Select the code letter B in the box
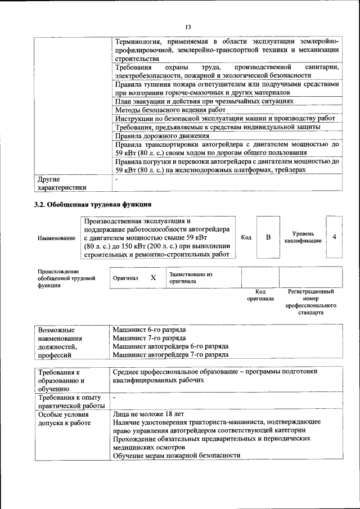tap(268, 237)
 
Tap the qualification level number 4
tap(334, 237)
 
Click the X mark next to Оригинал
tap(153, 278)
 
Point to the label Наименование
tap(56, 238)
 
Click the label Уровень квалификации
tap(303, 237)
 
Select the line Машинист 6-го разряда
tap(149, 329)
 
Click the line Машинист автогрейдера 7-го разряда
tap(170, 355)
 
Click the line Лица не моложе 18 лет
tap(148, 413)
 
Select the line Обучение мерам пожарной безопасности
tap(176, 455)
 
